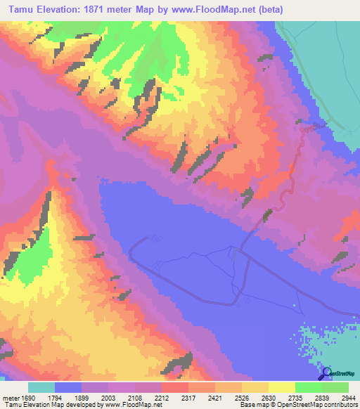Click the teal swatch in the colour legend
tap(41, 387)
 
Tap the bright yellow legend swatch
tap(281, 387)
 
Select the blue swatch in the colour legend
tap(68, 387)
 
